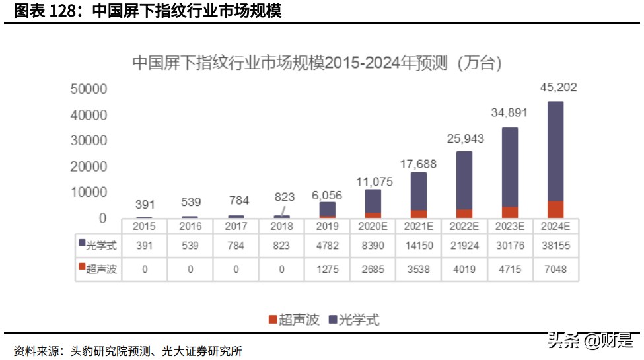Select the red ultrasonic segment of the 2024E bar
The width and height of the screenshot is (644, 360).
tap(555, 209)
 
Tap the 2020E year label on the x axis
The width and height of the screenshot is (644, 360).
tap(373, 226)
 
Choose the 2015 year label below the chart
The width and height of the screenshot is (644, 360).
tap(145, 226)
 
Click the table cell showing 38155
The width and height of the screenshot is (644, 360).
tap(555, 245)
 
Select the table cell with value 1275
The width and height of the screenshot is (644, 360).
tap(328, 269)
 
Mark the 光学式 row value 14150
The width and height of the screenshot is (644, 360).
tap(419, 245)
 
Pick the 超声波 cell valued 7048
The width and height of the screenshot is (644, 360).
tap(555, 269)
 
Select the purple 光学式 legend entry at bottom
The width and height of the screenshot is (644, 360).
tap(353, 320)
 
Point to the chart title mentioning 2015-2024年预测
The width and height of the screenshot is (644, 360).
tap(317, 63)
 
